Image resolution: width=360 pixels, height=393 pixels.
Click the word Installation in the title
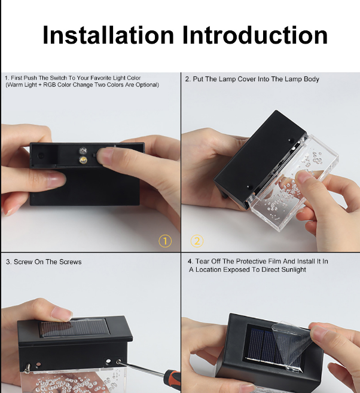coord(108,35)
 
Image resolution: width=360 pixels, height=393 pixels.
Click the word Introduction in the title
coord(255,35)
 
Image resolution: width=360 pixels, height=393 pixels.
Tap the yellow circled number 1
coord(165,241)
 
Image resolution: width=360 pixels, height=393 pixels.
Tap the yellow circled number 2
coord(197,241)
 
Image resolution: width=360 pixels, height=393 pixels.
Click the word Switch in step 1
coord(59,78)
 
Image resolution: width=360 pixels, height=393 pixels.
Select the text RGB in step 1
coord(50,85)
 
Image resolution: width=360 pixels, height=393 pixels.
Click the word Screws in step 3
coord(72,262)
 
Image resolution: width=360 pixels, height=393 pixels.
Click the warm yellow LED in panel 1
coord(83,159)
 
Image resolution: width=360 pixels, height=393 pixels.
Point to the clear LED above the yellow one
coord(83,151)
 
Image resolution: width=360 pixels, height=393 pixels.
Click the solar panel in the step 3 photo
coord(75,328)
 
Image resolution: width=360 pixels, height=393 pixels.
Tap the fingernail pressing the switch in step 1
coord(103,156)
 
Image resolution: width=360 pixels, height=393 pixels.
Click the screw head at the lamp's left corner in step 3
coord(27,368)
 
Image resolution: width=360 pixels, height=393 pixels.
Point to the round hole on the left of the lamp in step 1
coord(41,156)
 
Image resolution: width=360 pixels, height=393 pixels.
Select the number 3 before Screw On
coord(8,262)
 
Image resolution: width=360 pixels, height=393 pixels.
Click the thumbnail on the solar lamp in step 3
coord(61,315)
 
